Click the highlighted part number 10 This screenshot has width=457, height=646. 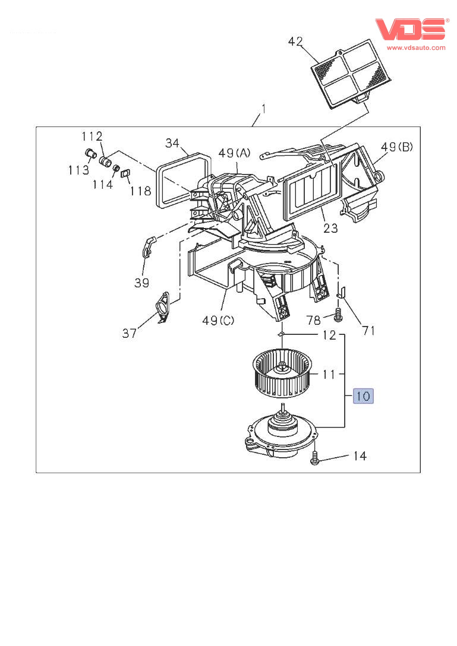tap(363, 396)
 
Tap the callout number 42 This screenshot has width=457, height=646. tap(295, 42)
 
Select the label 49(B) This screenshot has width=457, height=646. tap(396, 147)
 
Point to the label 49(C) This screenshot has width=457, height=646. tap(218, 320)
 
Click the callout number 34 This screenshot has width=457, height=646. tap(172, 143)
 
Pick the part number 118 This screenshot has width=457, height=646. tap(141, 191)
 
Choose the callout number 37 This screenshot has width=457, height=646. tap(129, 333)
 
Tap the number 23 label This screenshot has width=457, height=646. tap(330, 228)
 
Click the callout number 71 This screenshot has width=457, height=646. tap(368, 330)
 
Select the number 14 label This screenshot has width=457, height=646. tap(360, 455)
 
